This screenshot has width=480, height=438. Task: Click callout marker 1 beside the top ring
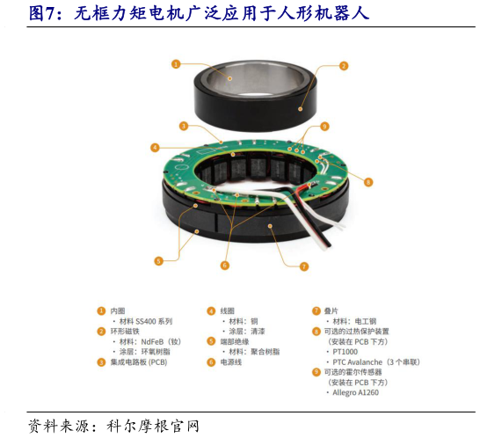176,64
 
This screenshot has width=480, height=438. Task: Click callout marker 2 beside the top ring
344,65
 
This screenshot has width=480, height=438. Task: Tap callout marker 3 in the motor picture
183,126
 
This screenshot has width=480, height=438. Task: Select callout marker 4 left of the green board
155,147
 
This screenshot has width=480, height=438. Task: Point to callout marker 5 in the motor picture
158,260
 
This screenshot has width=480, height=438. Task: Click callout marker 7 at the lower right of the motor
304,266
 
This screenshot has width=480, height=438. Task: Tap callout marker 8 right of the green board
367,182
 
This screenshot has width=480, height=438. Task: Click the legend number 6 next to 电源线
211,361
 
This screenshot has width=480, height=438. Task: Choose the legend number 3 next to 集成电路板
101,361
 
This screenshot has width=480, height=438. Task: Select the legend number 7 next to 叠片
316,310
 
